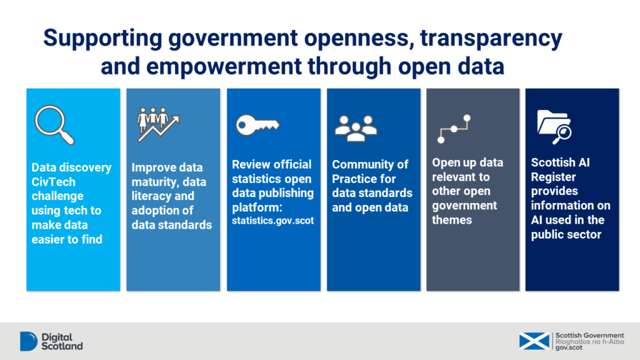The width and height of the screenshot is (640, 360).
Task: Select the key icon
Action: (x=257, y=125)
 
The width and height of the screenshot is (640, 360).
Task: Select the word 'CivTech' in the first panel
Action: (x=54, y=181)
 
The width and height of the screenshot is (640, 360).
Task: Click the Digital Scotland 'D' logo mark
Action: (x=29, y=341)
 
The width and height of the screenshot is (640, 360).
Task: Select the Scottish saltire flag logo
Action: (x=534, y=341)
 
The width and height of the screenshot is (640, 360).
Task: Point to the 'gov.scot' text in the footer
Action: (x=569, y=347)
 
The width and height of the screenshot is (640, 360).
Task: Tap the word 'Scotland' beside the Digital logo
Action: (x=61, y=346)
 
